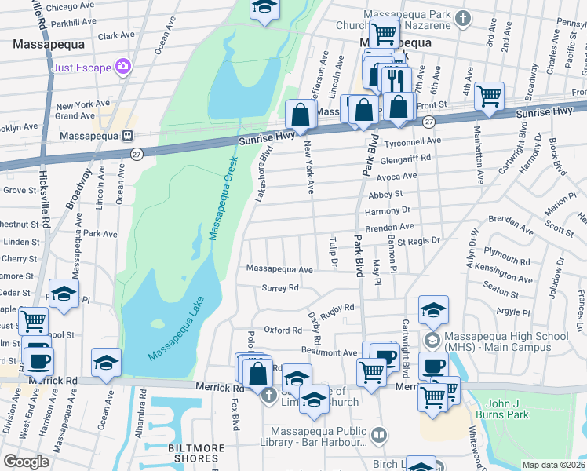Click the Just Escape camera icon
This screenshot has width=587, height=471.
pyautogui.click(x=122, y=67)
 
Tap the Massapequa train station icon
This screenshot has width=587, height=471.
pyautogui.click(x=127, y=135)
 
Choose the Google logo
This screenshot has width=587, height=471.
pyautogui.click(x=26, y=462)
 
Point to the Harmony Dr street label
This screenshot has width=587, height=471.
pyautogui.click(x=388, y=210)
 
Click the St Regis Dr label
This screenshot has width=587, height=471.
pyautogui.click(x=419, y=240)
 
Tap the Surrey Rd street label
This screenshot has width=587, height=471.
pyautogui.click(x=280, y=288)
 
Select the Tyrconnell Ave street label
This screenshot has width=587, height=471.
pyautogui.click(x=412, y=141)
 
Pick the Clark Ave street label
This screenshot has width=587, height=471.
pyautogui.click(x=117, y=35)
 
